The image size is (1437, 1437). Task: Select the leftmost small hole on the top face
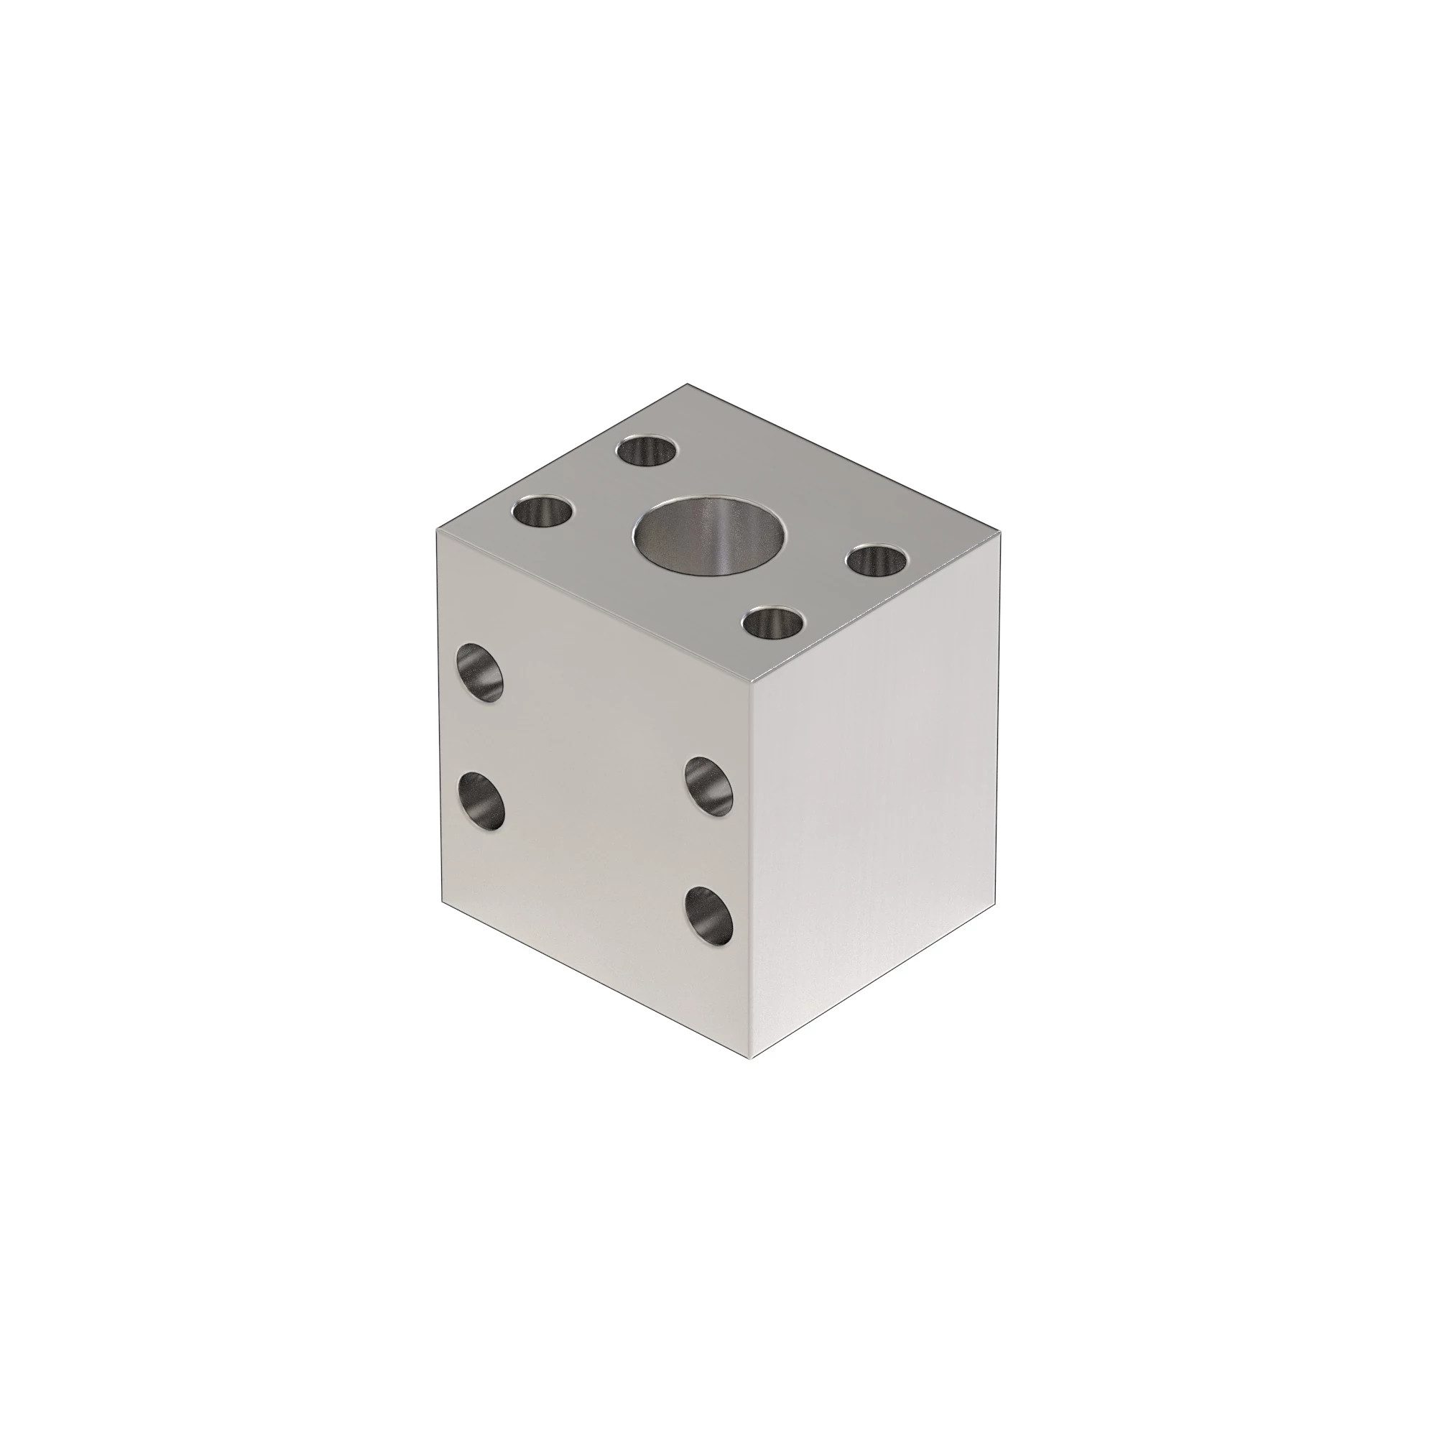[x=545, y=512]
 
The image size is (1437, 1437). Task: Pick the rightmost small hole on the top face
[x=879, y=558]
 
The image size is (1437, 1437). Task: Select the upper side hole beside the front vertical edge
[x=708, y=785]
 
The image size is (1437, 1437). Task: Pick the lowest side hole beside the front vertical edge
[x=709, y=915]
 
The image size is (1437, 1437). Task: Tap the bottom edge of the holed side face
[x=595, y=979]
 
